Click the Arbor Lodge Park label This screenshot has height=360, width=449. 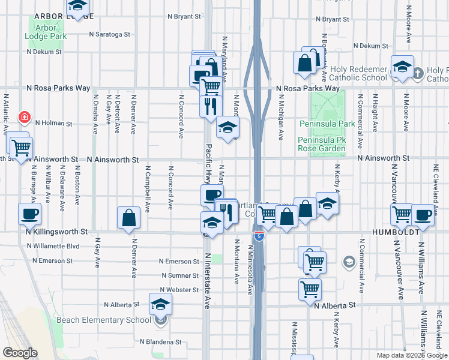click(x=46, y=32)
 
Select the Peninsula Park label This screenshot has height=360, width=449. click(x=321, y=124)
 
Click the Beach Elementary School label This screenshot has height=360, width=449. click(x=104, y=320)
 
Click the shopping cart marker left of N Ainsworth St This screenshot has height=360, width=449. click(x=21, y=146)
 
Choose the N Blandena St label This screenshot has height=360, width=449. click(x=160, y=342)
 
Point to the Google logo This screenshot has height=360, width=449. click(x=20, y=353)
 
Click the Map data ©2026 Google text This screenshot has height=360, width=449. click(x=412, y=355)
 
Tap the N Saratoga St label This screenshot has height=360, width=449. click(x=110, y=34)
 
